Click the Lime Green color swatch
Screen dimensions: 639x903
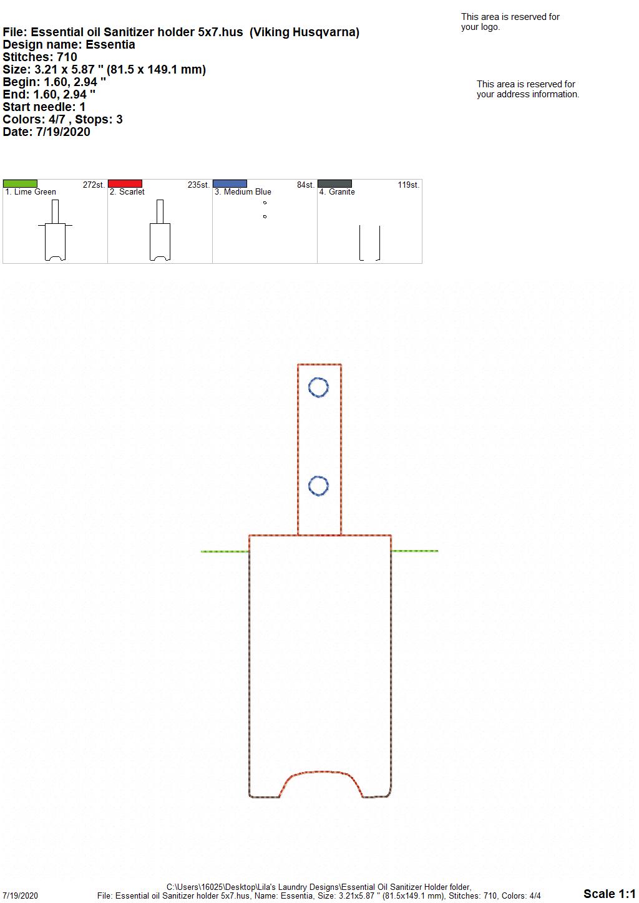[x=20, y=183]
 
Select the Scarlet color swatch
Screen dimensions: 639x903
[x=125, y=183]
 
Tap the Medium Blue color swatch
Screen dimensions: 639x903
[x=230, y=183]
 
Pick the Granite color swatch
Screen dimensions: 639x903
[x=335, y=183]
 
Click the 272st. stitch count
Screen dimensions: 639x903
[x=94, y=185]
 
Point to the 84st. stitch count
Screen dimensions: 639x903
[x=305, y=185]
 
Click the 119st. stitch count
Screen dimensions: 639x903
[x=408, y=185]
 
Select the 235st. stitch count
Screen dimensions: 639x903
[x=198, y=185]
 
